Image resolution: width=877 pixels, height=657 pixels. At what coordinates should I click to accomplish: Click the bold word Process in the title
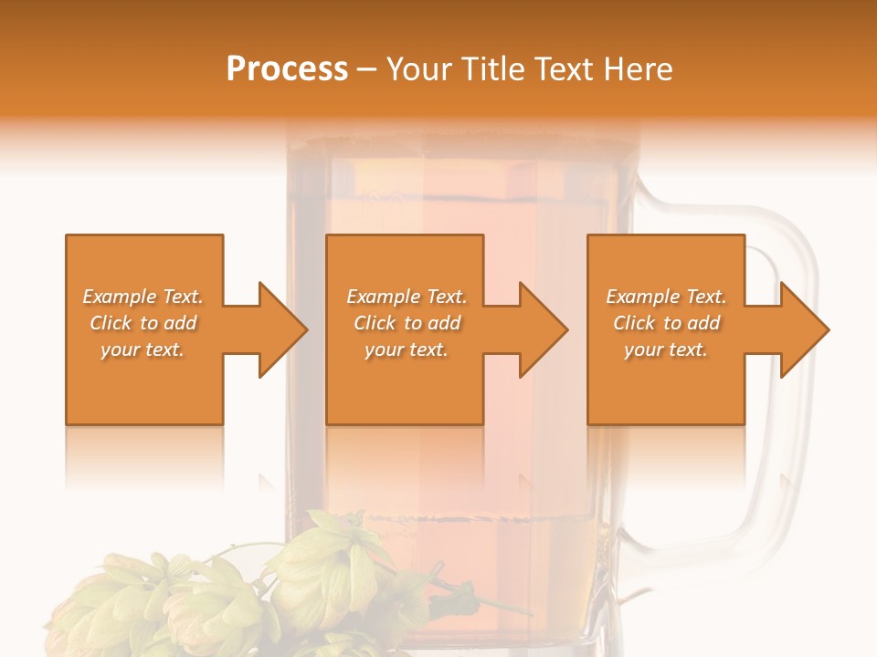pyautogui.click(x=287, y=69)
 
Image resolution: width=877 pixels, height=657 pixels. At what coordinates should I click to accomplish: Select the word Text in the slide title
pyautogui.click(x=565, y=69)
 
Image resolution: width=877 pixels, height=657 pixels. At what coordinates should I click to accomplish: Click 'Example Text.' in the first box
pyautogui.click(x=143, y=297)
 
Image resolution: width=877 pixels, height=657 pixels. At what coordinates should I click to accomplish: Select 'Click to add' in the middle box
pyautogui.click(x=407, y=323)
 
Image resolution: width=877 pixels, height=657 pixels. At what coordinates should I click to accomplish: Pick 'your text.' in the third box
pyautogui.click(x=666, y=349)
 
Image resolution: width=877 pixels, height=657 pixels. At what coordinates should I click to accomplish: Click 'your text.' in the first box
pyautogui.click(x=143, y=349)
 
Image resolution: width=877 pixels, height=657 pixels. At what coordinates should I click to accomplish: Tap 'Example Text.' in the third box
pyautogui.click(x=666, y=297)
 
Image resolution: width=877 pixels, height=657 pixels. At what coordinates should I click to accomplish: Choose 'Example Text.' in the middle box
pyautogui.click(x=407, y=297)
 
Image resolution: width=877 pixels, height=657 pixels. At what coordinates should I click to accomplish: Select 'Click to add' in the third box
pyautogui.click(x=666, y=323)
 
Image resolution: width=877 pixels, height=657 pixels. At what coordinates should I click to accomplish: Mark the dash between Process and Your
pyautogui.click(x=367, y=69)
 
